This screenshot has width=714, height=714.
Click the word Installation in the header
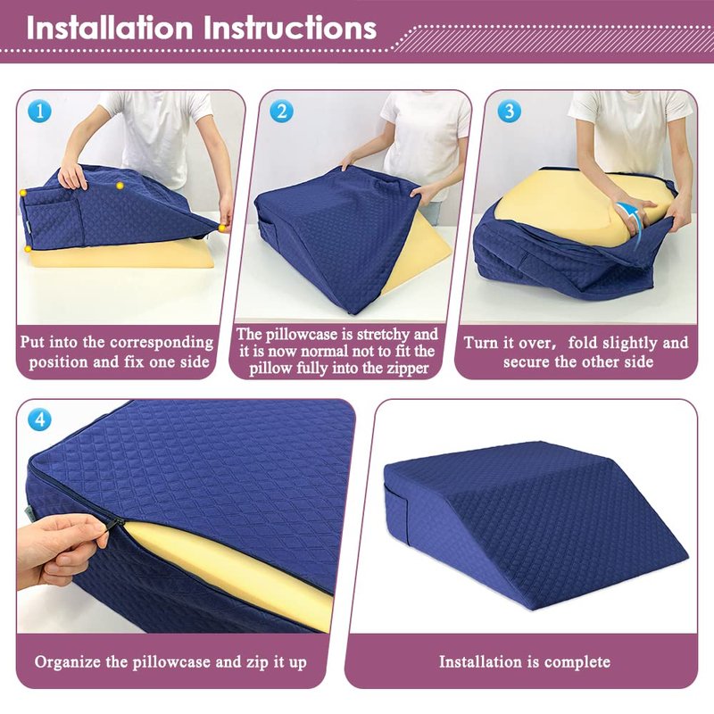[x=110, y=29]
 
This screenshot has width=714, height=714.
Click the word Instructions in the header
[x=290, y=29]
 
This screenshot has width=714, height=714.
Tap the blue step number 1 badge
[x=39, y=111]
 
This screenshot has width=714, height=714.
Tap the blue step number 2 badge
[x=281, y=111]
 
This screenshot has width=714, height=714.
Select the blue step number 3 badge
[x=509, y=111]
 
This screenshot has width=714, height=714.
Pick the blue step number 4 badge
[x=39, y=419]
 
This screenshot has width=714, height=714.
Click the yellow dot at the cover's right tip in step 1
[x=221, y=228]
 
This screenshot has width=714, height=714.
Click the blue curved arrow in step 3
[x=635, y=219]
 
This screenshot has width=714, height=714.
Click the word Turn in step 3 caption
[x=479, y=343]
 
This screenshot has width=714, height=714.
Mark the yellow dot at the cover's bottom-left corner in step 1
[x=28, y=249]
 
